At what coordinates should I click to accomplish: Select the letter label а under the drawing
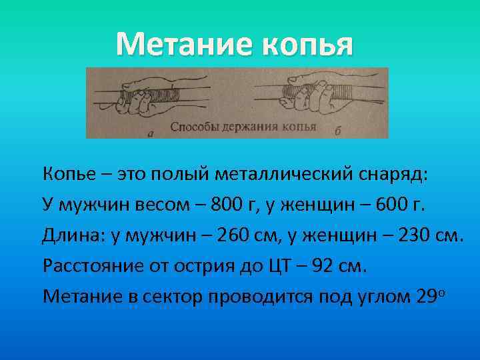point(150,133)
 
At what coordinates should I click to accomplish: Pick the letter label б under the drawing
point(337,132)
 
